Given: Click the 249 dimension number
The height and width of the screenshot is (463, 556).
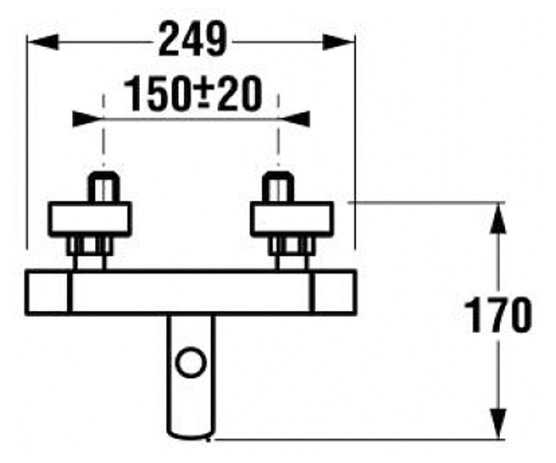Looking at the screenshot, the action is click(x=193, y=38).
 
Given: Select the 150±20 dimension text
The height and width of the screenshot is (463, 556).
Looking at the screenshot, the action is click(x=193, y=93).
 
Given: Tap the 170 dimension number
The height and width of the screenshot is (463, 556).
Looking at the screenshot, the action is click(x=498, y=315).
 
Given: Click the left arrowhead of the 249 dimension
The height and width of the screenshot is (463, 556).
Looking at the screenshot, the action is click(x=43, y=42).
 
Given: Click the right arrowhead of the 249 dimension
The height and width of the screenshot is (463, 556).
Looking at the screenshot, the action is click(x=338, y=42).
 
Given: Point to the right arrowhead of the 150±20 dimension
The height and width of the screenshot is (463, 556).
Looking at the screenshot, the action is click(x=295, y=119).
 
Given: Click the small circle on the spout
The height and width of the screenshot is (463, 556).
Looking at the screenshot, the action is click(x=191, y=363).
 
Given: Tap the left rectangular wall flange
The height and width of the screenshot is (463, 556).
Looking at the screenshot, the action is click(x=90, y=219).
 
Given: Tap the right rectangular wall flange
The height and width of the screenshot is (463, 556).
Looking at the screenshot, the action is click(x=292, y=219).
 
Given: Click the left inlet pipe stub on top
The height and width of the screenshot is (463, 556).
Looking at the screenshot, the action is click(x=104, y=187).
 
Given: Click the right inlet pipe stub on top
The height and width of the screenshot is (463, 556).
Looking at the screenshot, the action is click(x=278, y=187).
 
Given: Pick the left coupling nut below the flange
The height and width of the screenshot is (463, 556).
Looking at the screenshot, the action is click(x=89, y=246).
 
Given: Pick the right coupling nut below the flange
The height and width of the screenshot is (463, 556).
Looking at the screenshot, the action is click(x=291, y=246).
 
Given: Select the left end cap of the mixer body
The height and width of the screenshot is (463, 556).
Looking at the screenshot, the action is click(x=48, y=293).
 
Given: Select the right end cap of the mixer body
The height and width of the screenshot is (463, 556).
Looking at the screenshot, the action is click(x=334, y=293).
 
